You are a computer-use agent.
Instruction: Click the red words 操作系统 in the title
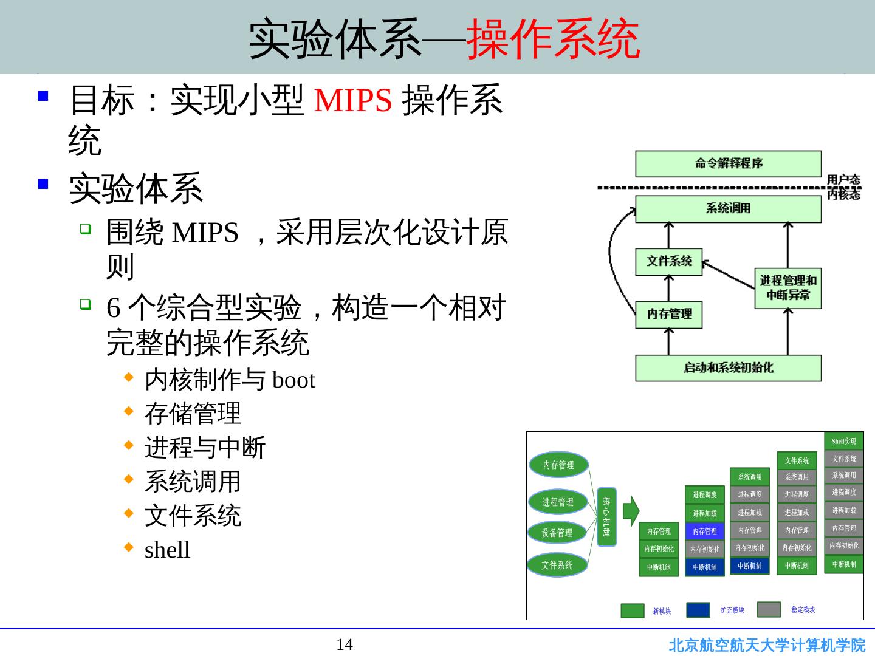coord(553,38)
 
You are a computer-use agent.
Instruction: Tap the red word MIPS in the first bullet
coord(352,100)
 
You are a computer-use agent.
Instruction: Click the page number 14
coord(345,644)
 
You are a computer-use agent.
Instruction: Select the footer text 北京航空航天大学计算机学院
coord(767,645)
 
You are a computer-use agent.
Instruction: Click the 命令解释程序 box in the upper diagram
coord(728,163)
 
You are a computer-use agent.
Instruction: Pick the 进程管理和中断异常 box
coord(787,288)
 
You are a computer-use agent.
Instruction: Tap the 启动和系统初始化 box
coord(728,367)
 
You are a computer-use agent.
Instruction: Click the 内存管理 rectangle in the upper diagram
coord(668,314)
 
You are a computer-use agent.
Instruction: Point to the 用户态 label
coord(843,179)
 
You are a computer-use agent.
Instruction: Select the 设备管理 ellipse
coord(557,533)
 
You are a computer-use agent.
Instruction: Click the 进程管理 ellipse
coord(557,502)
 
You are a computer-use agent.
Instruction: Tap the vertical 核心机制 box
coord(606,516)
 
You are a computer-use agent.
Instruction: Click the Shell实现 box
coord(843,441)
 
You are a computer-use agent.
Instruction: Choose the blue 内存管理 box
coord(704,531)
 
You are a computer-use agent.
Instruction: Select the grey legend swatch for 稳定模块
coord(769,609)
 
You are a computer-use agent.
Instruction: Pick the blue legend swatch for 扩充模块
coord(698,610)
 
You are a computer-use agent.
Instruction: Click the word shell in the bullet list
coord(167,550)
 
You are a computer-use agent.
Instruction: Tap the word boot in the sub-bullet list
coord(293,381)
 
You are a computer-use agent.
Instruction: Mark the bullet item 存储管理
coord(193,414)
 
